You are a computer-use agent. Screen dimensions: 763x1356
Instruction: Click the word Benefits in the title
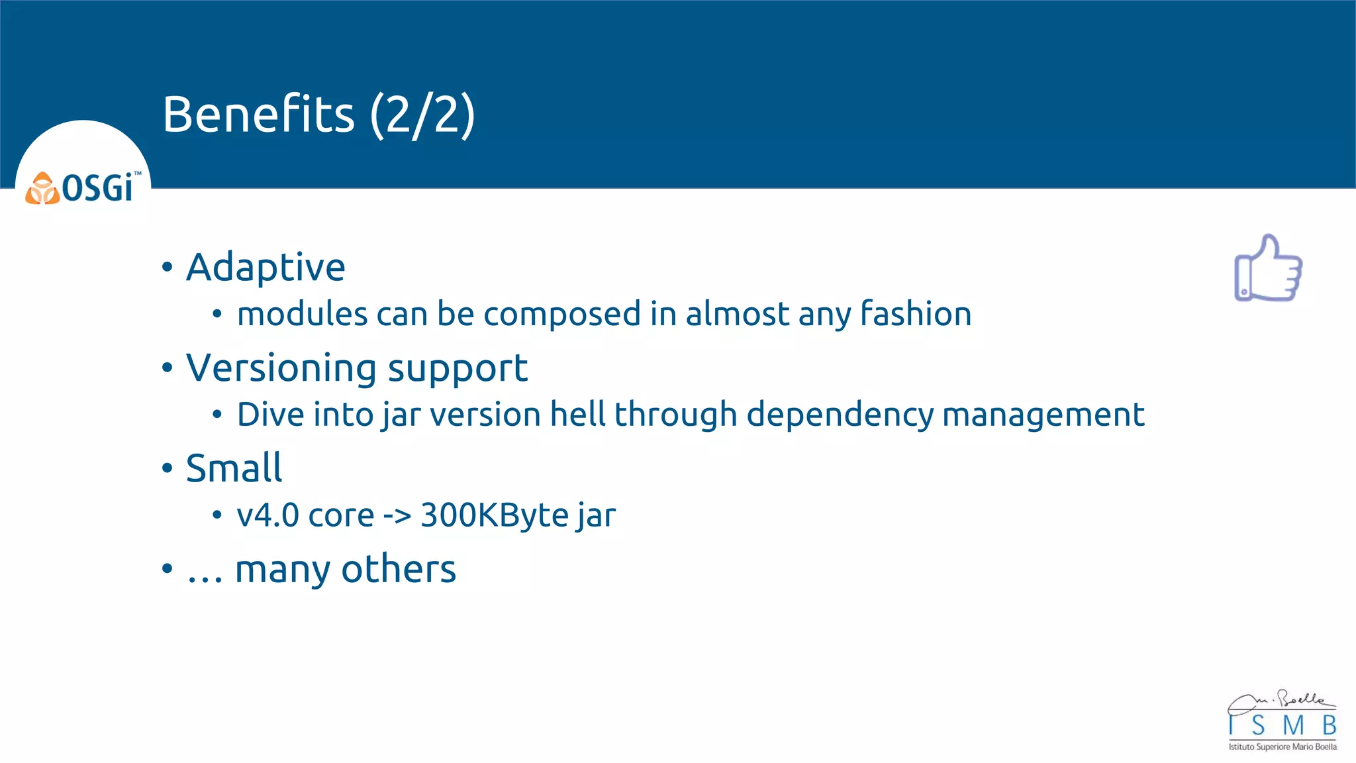click(258, 114)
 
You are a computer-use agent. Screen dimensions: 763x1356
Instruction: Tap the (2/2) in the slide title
click(422, 115)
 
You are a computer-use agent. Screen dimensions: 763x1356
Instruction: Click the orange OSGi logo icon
click(42, 189)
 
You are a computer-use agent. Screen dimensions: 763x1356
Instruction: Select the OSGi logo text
click(99, 188)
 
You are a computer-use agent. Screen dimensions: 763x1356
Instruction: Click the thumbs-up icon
click(1268, 268)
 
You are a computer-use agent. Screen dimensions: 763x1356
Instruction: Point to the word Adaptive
click(266, 268)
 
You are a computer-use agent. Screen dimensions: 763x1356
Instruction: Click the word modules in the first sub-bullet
click(302, 314)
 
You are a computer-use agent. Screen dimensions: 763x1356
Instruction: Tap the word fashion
click(915, 314)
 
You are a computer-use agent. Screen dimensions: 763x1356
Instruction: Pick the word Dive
click(270, 415)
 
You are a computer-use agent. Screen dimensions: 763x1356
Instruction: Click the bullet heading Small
click(234, 468)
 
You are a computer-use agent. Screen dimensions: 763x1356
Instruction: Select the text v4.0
click(268, 515)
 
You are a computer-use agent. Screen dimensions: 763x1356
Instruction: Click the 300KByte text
click(494, 515)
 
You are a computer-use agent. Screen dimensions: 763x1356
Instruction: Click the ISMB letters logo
click(1283, 725)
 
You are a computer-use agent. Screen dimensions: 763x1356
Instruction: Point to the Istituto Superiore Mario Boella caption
click(1283, 746)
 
